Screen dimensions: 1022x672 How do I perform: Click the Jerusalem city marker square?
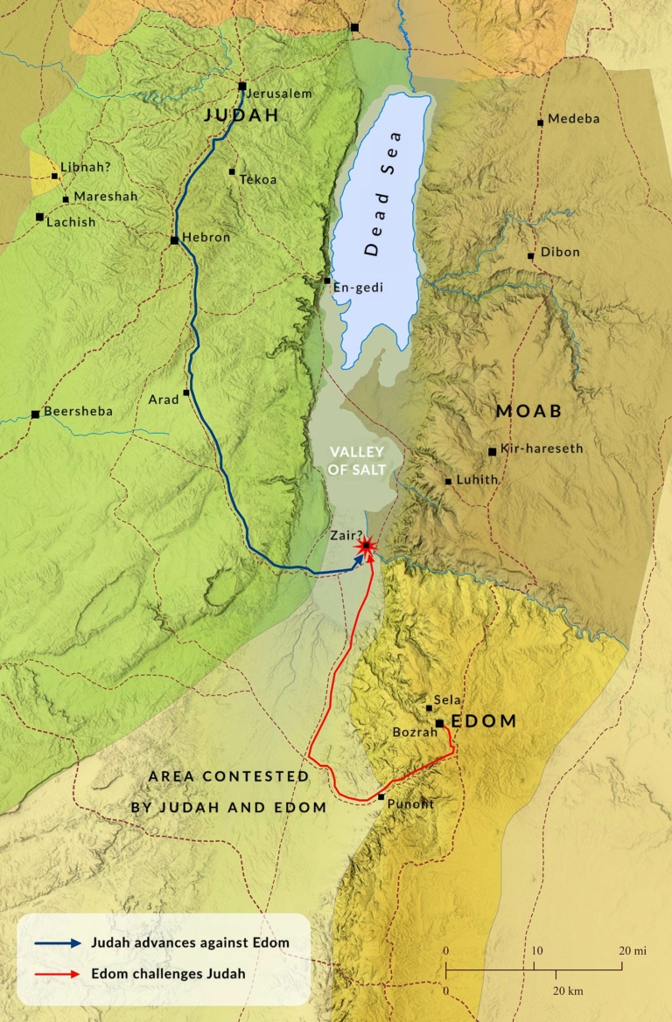point(242,86)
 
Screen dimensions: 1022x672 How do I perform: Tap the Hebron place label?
point(206,238)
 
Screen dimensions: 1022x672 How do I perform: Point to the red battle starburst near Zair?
point(366,546)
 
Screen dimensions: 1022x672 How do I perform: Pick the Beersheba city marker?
point(35,414)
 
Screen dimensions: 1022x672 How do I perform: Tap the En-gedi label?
point(358,286)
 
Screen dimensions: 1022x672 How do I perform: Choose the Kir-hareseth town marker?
point(493,452)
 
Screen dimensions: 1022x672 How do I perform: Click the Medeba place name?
point(574,119)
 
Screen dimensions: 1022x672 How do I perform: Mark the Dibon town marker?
point(531,256)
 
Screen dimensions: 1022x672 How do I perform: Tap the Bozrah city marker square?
point(439,724)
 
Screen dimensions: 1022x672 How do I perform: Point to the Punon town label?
point(409,804)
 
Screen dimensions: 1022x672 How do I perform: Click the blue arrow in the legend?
point(58,943)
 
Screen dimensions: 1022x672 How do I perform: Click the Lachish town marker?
point(39,217)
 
